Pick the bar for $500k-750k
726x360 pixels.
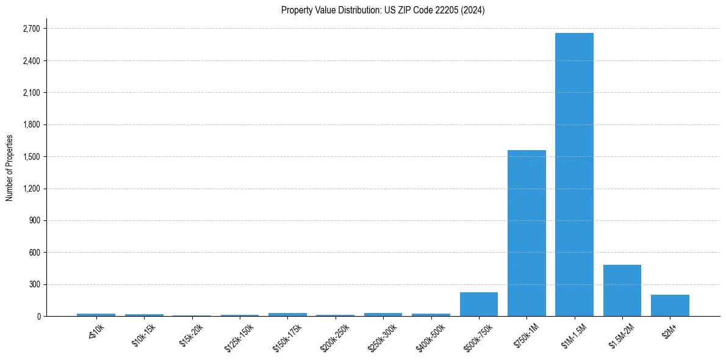479,304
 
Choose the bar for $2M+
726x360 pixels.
670,305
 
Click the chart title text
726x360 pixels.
383,10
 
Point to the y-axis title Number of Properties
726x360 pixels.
10,168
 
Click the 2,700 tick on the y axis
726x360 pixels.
31,29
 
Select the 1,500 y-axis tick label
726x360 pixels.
31,157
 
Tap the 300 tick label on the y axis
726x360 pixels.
34,284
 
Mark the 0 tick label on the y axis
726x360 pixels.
38,316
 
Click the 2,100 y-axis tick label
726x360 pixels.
31,93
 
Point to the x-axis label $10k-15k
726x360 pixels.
143,335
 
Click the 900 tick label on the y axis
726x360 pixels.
34,220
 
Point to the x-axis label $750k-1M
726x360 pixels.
526,335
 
